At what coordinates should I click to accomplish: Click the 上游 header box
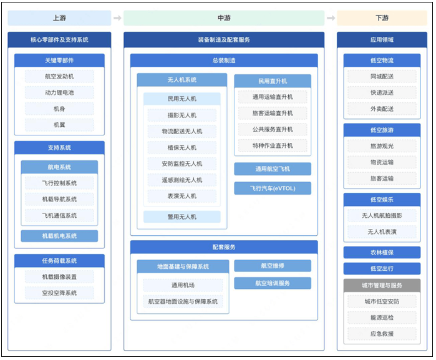tap(59, 18)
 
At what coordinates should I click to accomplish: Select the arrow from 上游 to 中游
tap(117, 18)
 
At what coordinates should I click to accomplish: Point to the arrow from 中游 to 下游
tap(331, 18)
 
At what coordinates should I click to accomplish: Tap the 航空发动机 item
tap(59, 77)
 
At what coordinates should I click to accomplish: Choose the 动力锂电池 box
tap(59, 92)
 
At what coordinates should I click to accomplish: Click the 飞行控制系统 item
tap(59, 183)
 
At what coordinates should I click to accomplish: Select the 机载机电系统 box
tap(59, 236)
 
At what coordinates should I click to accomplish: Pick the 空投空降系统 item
tap(59, 293)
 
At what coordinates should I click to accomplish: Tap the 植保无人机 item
tap(182, 148)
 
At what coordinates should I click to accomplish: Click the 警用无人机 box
tap(182, 216)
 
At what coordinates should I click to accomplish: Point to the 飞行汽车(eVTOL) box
tap(273, 188)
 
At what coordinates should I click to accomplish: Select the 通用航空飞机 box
tap(273, 169)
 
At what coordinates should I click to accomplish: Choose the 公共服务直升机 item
tap(273, 129)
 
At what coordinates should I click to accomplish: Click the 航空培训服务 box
tap(273, 283)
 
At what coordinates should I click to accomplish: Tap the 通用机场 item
tap(183, 285)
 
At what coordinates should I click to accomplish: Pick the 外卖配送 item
tap(382, 109)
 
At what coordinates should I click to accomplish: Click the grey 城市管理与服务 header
tap(382, 285)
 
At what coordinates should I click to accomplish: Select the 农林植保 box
tap(382, 253)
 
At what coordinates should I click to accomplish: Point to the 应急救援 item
tap(382, 334)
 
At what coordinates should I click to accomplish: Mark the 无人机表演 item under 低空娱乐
tap(382, 231)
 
